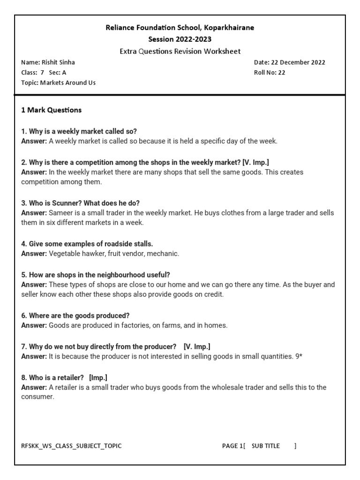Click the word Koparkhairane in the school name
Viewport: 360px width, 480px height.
[x=229, y=28]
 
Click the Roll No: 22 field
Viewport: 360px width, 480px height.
[x=270, y=73]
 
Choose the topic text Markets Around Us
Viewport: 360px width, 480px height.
[x=68, y=83]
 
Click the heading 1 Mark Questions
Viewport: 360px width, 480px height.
[x=52, y=110]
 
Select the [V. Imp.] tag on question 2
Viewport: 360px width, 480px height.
[x=256, y=162]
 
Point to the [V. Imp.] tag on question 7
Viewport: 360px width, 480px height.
[x=197, y=346]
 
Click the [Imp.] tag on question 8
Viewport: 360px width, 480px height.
[x=99, y=377]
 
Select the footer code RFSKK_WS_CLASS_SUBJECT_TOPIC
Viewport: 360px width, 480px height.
[x=71, y=446]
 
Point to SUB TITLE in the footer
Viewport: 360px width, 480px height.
[x=265, y=446]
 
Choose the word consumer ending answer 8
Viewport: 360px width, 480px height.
[x=37, y=397]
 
